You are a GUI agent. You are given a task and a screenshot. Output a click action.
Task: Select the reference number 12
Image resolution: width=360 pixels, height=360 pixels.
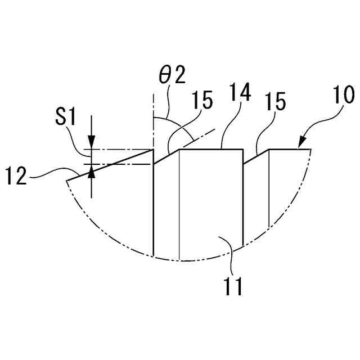pyautogui.click(x=17, y=175)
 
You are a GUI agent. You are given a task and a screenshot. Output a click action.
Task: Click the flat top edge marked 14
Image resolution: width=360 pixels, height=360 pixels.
pyautogui.click(x=211, y=149)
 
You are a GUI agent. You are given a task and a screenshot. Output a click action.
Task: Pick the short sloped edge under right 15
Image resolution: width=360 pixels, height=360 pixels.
pyautogui.click(x=256, y=157)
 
